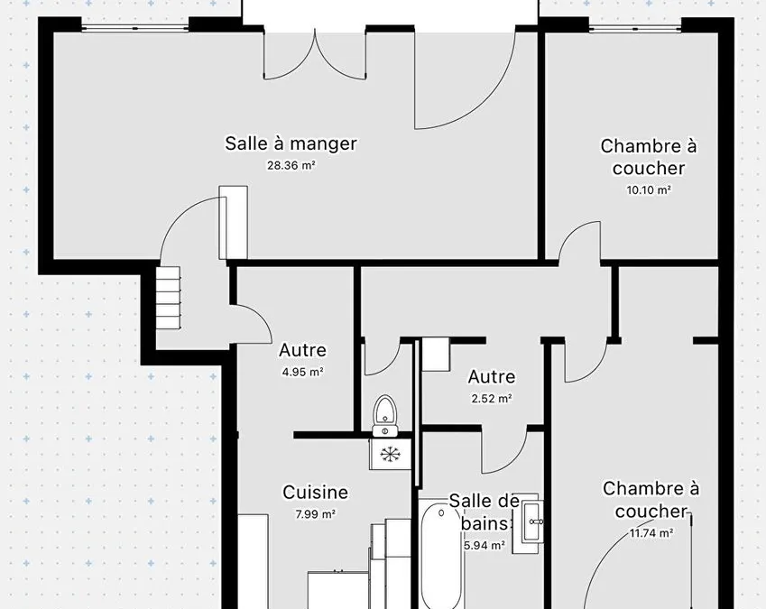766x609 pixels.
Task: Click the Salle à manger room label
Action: tap(291, 143)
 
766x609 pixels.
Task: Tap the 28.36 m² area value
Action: tap(291, 165)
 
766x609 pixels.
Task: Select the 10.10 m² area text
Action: tap(649, 189)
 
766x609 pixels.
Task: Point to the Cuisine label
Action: tap(316, 492)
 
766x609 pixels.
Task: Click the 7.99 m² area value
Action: tap(316, 513)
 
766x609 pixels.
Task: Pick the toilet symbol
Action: tap(385, 416)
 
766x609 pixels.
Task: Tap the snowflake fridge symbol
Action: tap(390, 454)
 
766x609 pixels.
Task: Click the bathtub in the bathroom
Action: tap(440, 555)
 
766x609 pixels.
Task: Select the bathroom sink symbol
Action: tap(530, 521)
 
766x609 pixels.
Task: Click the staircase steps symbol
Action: tap(169, 299)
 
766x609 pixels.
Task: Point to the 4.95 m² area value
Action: tap(303, 372)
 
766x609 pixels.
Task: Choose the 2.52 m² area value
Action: tap(492, 399)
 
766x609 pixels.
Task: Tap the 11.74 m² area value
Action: tap(651, 532)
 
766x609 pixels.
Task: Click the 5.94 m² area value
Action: tap(485, 545)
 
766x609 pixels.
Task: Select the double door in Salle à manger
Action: tap(315, 54)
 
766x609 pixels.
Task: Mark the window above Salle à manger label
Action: tap(134, 28)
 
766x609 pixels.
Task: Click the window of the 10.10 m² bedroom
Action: tap(635, 28)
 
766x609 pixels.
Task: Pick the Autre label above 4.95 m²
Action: tap(303, 350)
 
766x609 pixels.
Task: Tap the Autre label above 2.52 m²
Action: tap(492, 377)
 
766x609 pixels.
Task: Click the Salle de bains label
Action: tap(485, 512)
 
